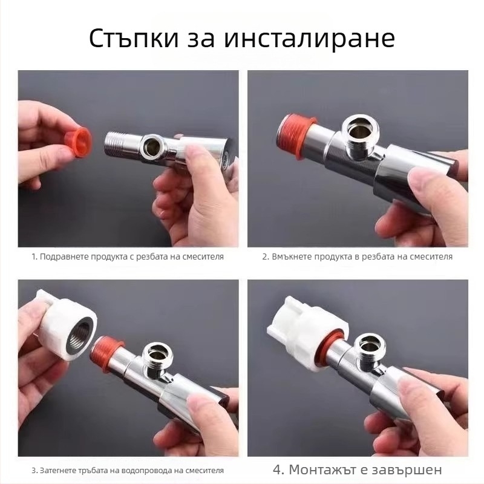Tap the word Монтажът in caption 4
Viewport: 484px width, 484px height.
(322, 469)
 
